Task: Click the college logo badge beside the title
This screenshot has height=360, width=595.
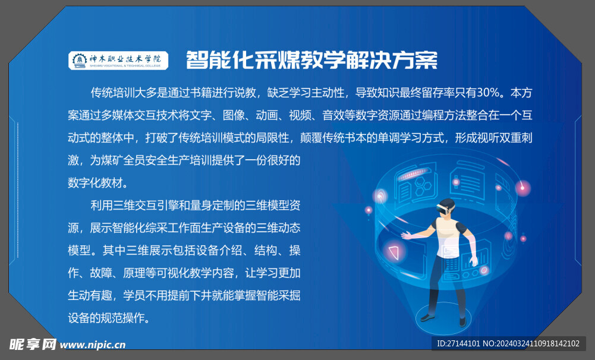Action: (x=118, y=59)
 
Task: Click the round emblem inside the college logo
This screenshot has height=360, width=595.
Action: (x=78, y=59)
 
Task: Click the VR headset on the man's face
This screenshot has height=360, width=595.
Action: (x=444, y=209)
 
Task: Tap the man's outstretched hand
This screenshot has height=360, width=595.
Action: (x=407, y=236)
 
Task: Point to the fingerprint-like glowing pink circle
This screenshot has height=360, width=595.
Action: (x=380, y=195)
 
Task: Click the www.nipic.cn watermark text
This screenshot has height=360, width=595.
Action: (x=93, y=344)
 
